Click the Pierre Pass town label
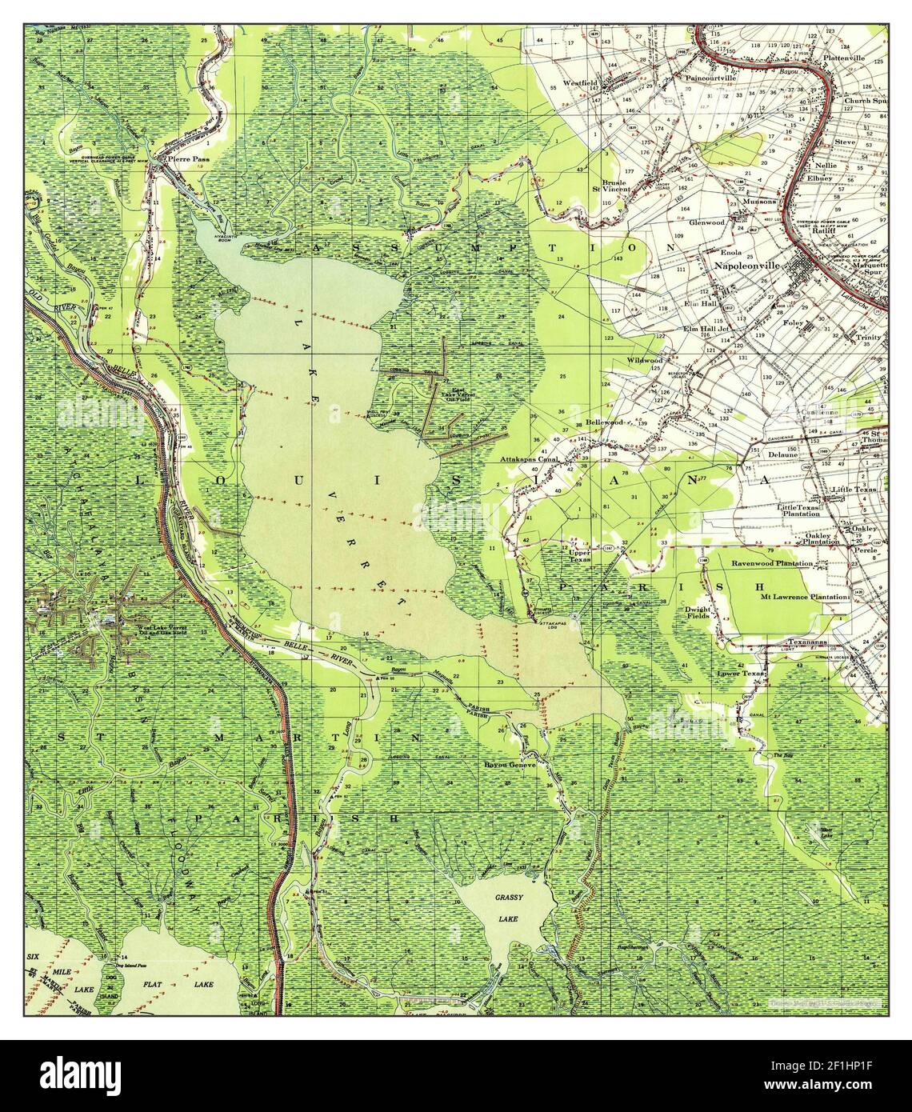[x=177, y=159]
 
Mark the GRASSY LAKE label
[x=507, y=911]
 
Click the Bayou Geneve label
[x=508, y=764]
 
